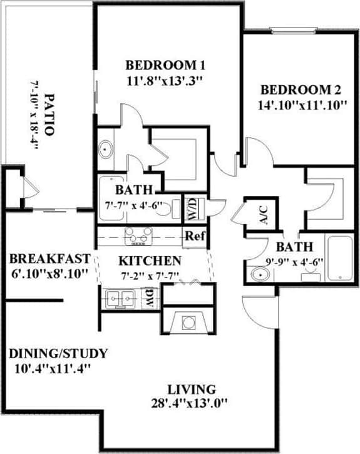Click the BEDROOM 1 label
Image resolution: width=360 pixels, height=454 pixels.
[x=166, y=65]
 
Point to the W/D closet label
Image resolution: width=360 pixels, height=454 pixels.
[x=190, y=209]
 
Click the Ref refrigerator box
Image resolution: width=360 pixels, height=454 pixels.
[x=192, y=237]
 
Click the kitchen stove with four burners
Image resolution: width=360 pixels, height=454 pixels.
[x=139, y=236]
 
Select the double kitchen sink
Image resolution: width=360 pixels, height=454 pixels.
[x=121, y=298]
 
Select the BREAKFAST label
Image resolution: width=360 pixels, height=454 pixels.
[x=50, y=259]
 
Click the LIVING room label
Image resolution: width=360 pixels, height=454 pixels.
[x=192, y=389]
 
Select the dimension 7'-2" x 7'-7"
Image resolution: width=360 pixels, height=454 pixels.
[x=150, y=275]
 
